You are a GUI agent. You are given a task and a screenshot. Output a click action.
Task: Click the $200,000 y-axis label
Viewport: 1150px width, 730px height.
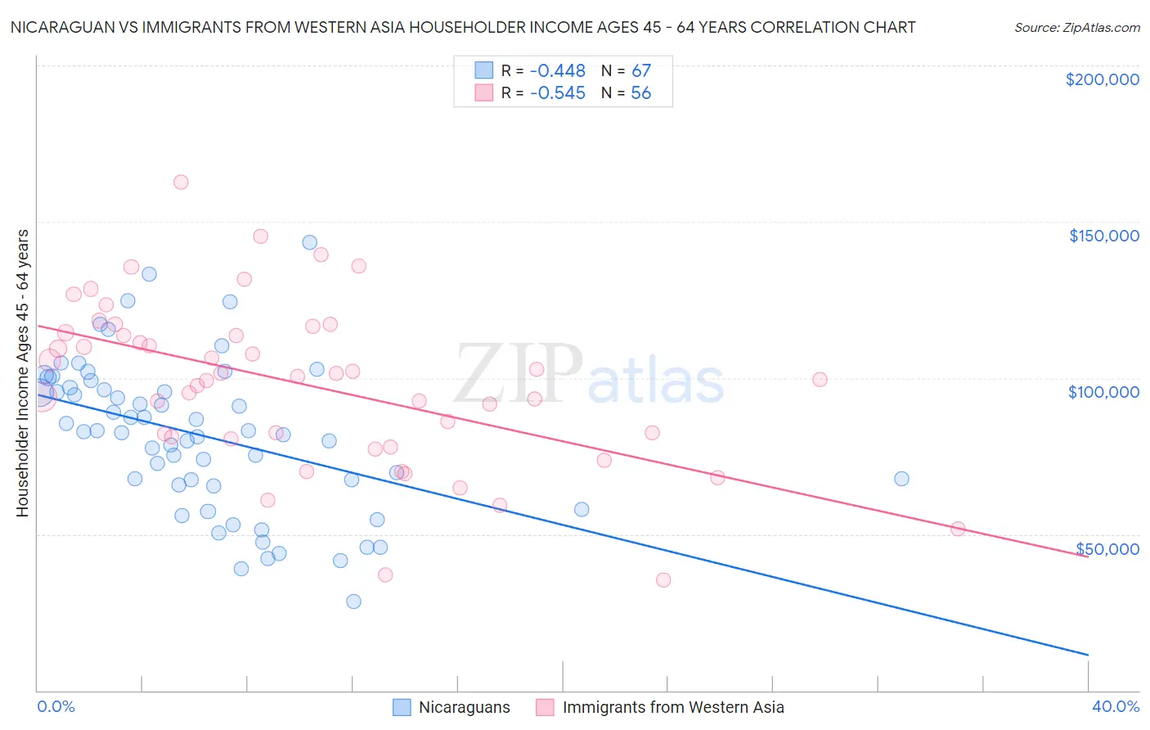coord(1102,79)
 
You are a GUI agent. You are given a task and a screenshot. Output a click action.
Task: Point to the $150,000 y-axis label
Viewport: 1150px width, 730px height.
coord(1103,236)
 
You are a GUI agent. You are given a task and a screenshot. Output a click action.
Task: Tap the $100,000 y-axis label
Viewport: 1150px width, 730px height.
coord(1103,392)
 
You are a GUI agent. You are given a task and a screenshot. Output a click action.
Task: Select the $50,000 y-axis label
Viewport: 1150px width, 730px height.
coord(1107,548)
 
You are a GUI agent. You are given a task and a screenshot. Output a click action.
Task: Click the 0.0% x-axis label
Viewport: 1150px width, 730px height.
coord(56,706)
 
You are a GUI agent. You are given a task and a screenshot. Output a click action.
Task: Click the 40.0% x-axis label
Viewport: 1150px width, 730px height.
coord(1115,706)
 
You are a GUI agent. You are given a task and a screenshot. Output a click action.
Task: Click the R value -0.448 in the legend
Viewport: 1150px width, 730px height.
coord(558,71)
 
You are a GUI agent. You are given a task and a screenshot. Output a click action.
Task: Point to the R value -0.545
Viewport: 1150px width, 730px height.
coord(558,93)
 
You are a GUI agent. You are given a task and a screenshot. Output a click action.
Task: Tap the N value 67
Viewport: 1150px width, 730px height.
coord(640,71)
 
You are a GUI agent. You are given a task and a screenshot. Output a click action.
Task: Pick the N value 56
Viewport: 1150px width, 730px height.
coord(640,93)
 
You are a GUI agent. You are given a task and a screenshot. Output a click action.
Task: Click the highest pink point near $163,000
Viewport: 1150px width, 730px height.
coord(181,182)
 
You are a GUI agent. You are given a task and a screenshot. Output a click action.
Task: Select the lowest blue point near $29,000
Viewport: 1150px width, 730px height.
coord(353,602)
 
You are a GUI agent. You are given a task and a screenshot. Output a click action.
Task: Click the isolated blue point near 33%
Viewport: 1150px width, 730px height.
coord(901,479)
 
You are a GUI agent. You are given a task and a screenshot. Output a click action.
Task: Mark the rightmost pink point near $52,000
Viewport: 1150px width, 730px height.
coord(958,529)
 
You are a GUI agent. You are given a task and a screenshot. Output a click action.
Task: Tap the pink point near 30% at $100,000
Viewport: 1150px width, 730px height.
coord(820,379)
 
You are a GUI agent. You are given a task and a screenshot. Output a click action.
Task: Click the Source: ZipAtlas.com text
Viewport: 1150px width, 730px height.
coord(1076,28)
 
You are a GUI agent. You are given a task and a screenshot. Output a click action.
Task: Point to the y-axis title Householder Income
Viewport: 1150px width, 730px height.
coord(22,372)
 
